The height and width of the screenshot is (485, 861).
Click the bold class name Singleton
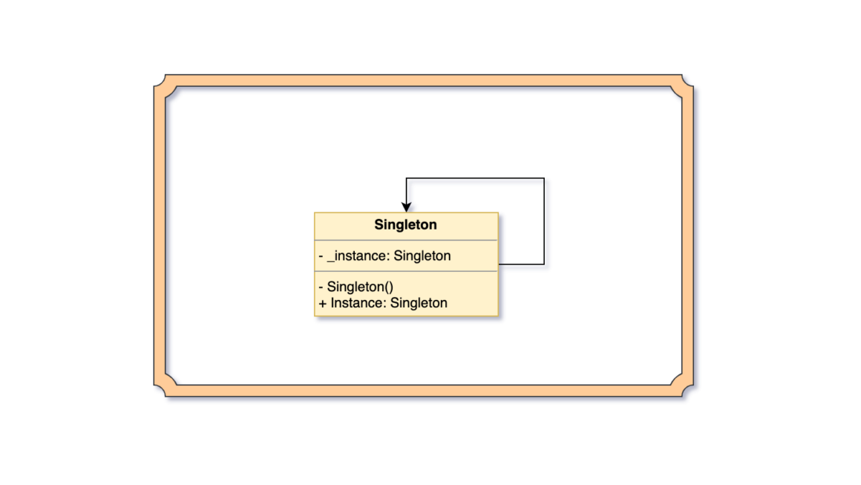coord(405,225)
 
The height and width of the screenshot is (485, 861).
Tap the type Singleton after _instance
coord(422,256)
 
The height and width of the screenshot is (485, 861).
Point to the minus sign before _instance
coord(321,256)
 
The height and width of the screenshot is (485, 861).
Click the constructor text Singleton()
coord(360,287)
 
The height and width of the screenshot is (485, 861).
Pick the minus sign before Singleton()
coord(321,287)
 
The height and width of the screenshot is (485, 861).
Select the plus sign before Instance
coord(322,304)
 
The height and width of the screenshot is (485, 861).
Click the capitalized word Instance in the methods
coord(358,303)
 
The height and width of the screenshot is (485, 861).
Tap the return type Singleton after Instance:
coord(419,304)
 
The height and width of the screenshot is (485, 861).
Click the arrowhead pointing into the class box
coord(406,207)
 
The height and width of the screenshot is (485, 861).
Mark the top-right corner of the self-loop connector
coord(544,178)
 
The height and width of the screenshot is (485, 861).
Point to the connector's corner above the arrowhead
coord(406,178)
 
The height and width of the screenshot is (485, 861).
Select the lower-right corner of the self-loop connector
coord(544,264)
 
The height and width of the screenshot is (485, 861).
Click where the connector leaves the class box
coord(499,264)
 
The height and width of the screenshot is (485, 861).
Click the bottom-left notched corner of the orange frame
coord(166,385)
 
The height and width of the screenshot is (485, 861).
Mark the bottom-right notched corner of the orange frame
coord(682,385)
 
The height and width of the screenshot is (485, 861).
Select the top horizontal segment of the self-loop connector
coord(475,178)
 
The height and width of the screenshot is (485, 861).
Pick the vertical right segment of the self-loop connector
coord(544,221)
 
